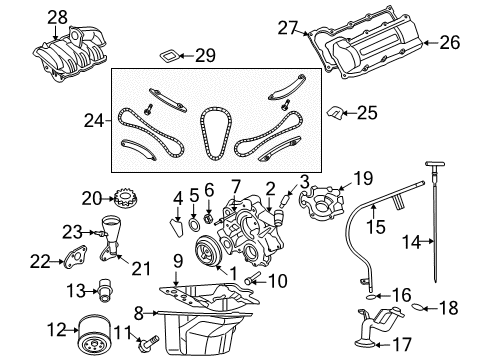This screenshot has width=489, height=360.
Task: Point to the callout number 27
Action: pos(287,28)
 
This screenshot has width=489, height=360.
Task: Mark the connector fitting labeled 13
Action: pos(100,291)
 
